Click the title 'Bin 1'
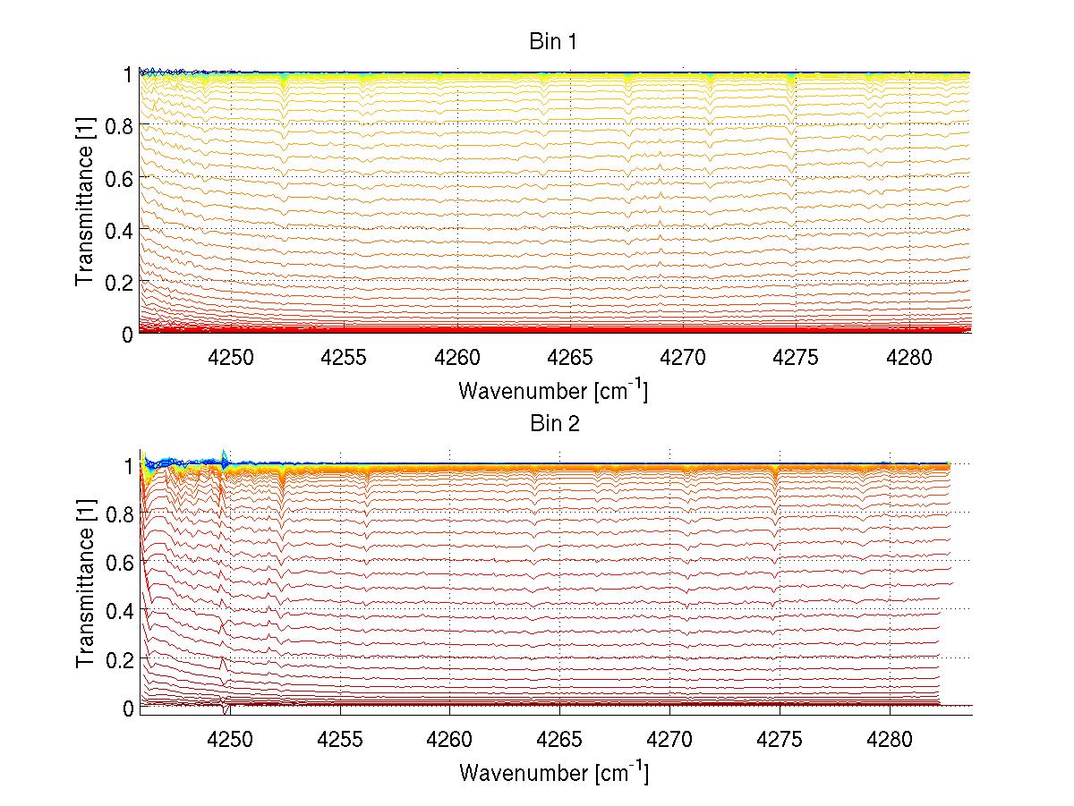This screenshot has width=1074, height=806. pos(553,42)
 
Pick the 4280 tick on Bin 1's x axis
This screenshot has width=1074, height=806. pos(910,357)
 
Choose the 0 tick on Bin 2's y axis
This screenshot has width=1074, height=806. pos(128,708)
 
